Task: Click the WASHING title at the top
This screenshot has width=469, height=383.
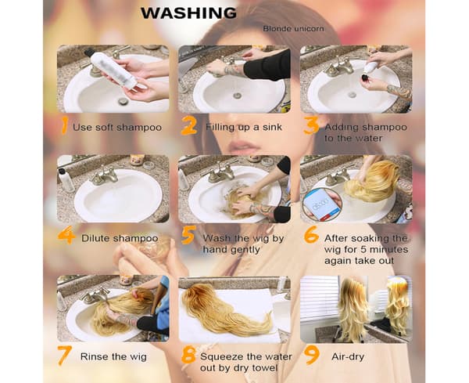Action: pos(188,13)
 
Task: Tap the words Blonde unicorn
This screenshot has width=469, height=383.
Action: pos(293,29)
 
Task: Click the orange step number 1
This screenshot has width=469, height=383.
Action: pos(64,125)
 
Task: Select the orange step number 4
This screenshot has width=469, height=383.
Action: pos(66,235)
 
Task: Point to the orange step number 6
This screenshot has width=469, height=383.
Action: pos(311,235)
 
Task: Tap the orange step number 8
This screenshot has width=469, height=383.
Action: pos(188,355)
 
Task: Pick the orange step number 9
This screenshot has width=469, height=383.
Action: pos(312,355)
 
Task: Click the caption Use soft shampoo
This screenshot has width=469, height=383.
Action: pos(117,128)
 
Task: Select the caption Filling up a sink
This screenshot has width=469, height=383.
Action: pos(244,127)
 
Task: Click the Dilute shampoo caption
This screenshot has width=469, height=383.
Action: pos(120,238)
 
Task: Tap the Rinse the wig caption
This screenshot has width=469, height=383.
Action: pos(113,356)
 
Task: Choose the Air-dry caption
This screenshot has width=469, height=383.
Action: pos(348,356)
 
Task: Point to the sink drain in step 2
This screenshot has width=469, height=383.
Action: pos(237,96)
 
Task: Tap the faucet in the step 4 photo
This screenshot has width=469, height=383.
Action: pos(103,176)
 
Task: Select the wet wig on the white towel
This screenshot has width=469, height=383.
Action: pos(227,309)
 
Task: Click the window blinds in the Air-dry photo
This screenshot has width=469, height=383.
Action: pos(319,298)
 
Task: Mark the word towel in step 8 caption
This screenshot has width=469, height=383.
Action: pos(264,367)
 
